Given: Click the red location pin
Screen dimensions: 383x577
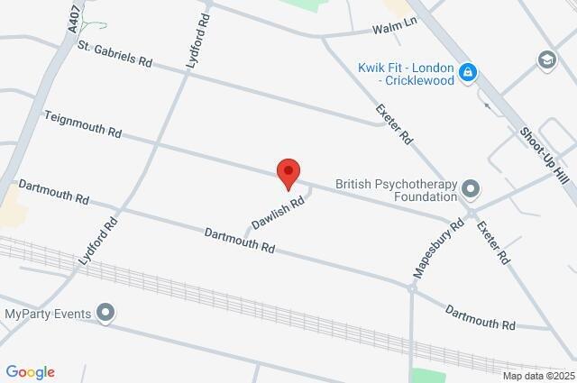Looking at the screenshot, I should (288, 172).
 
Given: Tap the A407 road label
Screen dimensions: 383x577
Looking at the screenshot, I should (73, 18).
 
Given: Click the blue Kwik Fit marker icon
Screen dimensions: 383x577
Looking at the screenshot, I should (467, 72).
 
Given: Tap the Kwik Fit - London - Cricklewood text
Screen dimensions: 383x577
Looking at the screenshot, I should (408, 72).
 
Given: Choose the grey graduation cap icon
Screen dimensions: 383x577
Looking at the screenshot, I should (546, 60).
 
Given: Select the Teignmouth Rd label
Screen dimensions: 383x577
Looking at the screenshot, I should (83, 124).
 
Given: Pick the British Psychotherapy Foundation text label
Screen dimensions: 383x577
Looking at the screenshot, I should (396, 189).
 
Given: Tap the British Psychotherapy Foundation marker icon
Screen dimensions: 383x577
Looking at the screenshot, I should (471, 189).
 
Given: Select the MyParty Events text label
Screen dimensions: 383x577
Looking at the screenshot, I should (48, 314).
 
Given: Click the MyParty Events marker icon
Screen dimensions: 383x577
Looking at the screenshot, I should (106, 314).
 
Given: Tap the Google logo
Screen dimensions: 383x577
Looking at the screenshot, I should (30, 372).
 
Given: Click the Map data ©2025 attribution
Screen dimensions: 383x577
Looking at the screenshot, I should (538, 376).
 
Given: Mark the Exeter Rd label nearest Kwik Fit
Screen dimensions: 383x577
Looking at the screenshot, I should (394, 124).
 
